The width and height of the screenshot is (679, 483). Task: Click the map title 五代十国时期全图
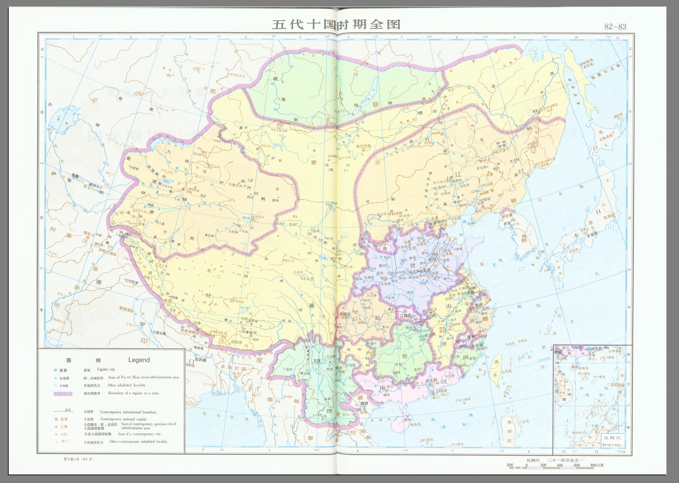(336, 24)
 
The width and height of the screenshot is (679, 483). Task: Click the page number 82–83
(615, 27)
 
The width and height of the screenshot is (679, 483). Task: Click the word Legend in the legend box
(139, 360)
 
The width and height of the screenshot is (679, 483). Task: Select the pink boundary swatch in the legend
(63, 394)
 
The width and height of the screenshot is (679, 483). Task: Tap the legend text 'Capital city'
(106, 369)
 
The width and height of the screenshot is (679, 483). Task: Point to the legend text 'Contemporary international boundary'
(128, 412)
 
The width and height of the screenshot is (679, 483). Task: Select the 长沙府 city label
(430, 335)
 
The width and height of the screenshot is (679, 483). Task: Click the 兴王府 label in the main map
(431, 380)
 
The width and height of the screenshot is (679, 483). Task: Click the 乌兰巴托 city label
(364, 146)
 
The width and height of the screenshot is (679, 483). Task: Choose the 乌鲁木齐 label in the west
(237, 185)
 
